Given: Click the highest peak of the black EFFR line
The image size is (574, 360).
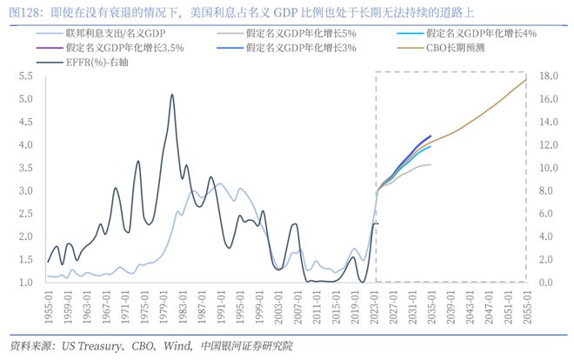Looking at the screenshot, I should click(x=171, y=95).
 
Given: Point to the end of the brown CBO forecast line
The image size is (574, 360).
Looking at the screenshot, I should click(x=525, y=80).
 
